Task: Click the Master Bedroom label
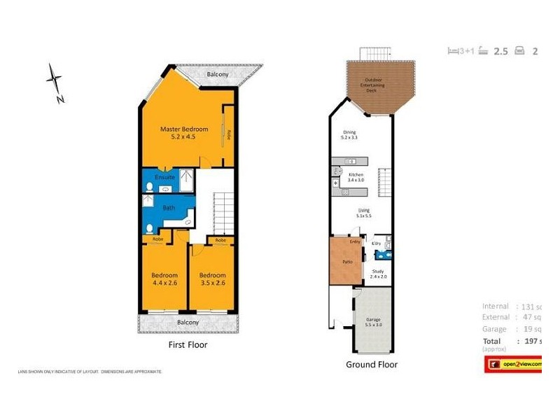click(184, 133)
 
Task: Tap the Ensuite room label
click(164, 177)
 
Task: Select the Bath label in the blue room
click(169, 208)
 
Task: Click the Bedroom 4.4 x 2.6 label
click(164, 279)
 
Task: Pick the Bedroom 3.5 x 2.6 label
click(212, 279)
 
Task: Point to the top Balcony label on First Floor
click(218, 73)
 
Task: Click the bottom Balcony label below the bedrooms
click(188, 322)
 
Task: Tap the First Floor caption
click(188, 344)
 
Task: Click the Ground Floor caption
click(372, 364)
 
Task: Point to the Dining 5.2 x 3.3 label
click(349, 134)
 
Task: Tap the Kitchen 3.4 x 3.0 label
click(356, 176)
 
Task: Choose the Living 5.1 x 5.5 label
click(363, 213)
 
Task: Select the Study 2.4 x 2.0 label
click(378, 274)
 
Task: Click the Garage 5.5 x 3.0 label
click(373, 322)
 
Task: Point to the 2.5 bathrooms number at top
click(500, 50)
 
